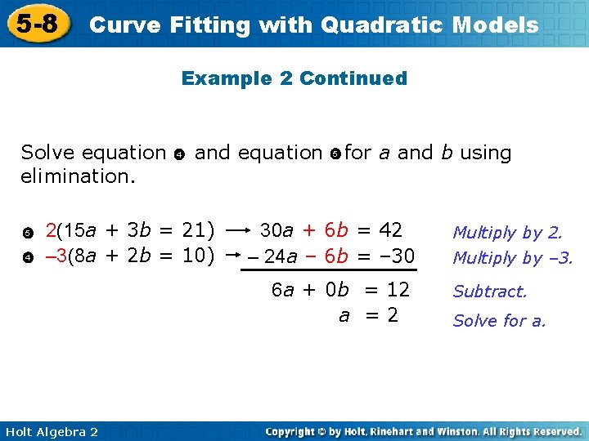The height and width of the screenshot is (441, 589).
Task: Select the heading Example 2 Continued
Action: click(x=294, y=78)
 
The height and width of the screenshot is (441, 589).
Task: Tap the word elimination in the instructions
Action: click(x=78, y=176)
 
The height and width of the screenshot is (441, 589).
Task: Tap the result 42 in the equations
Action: click(x=390, y=229)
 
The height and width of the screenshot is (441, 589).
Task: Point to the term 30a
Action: click(x=277, y=230)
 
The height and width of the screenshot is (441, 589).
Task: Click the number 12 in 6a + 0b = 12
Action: click(x=398, y=289)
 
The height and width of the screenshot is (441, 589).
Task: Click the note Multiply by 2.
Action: click(x=507, y=233)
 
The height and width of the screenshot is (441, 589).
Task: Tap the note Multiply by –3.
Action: click(x=513, y=258)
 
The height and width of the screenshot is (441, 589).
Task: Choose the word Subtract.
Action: click(x=490, y=291)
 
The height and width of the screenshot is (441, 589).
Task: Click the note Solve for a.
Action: click(x=499, y=320)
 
